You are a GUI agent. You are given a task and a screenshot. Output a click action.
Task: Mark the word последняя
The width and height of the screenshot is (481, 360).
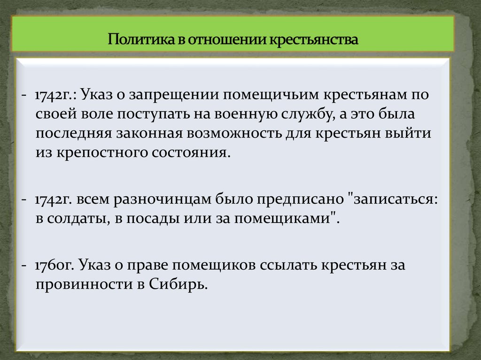coord(73,133)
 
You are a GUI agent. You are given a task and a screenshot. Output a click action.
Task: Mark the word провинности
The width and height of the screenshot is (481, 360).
coord(83,284)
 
